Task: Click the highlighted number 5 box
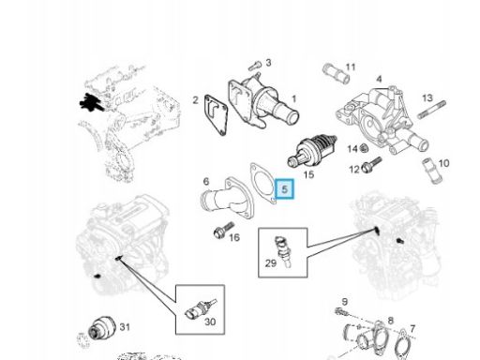pos(284,189)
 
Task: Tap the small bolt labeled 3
pos(255,66)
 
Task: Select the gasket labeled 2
pos(216,115)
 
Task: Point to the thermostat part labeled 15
pos(312,151)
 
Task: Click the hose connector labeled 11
pos(336,74)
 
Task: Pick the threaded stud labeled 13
pos(431,110)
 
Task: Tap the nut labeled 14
pos(363,148)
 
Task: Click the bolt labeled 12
pos(371,165)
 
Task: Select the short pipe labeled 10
pos(431,171)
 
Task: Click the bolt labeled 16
pos(224,230)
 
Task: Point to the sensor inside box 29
pos(283,251)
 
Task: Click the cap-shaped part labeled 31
pos(101,327)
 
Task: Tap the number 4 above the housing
pos(379,79)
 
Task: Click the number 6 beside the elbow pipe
pos(206,181)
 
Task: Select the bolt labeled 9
pos(341,311)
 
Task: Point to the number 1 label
pos(293,99)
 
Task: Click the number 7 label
pos(412,329)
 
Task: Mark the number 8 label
pos(390,321)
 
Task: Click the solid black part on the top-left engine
pos(91,101)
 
